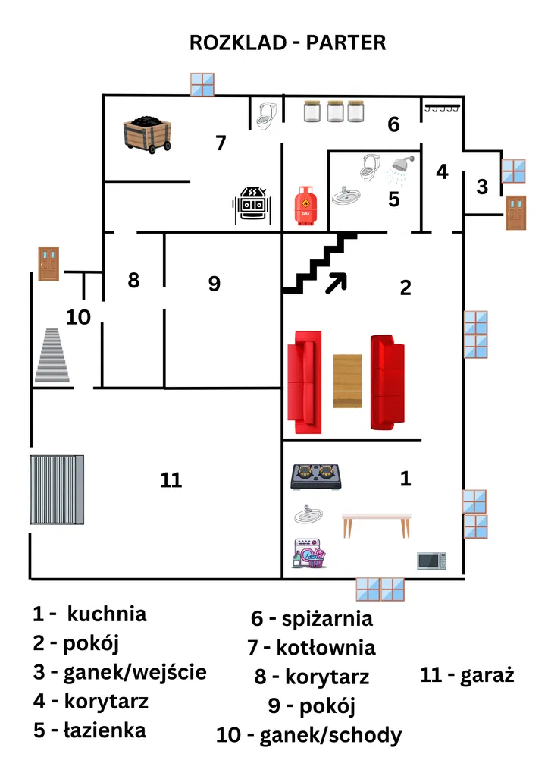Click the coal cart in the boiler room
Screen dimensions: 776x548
[x=149, y=134]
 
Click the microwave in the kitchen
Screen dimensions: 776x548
[x=431, y=561]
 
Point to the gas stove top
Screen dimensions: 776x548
[x=314, y=476]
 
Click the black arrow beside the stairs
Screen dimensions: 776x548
[x=336, y=282]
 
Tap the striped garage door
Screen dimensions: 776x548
[x=56, y=489]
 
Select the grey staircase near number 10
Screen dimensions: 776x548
[x=52, y=355]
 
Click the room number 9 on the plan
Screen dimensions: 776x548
[x=214, y=284]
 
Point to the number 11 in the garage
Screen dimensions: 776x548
[x=171, y=480]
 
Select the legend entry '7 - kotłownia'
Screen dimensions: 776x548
[x=312, y=647]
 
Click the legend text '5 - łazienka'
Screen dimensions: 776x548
[x=89, y=730]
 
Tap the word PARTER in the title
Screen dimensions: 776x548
[x=346, y=43]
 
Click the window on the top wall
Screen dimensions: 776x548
[x=202, y=84]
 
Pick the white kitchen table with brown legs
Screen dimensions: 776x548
[x=377, y=523]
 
